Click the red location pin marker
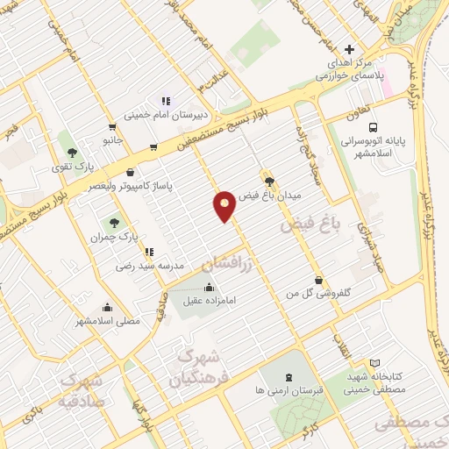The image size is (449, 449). click(224, 205)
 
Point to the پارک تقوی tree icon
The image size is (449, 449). click(84, 151)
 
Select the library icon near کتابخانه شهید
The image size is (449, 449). click(375, 363)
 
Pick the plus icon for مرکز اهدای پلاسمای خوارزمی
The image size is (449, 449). click(350, 48)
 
